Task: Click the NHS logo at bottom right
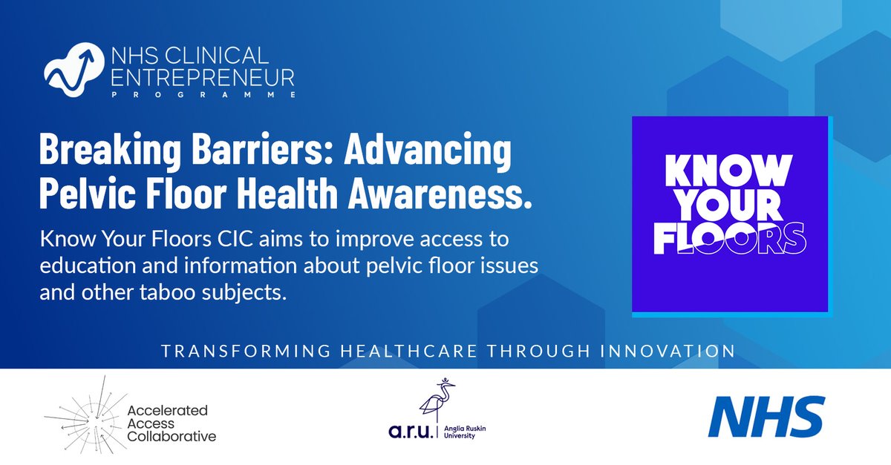(x=766, y=417)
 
